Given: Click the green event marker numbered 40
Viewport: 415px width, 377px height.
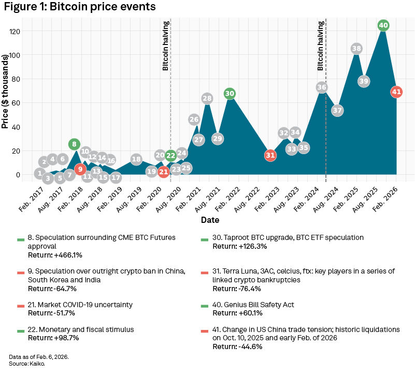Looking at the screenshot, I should pos(383,25).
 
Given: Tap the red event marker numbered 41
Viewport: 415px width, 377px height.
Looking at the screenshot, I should pos(396,92).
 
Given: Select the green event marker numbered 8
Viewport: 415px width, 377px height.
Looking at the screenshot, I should pos(74,144).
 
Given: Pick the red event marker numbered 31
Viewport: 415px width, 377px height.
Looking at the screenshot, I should pos(270,155).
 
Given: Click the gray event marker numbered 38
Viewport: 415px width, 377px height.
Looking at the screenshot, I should pos(356,49).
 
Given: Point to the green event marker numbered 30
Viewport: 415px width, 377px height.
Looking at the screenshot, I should pos(230,94).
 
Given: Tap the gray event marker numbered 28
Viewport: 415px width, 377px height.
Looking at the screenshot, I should pos(207,98).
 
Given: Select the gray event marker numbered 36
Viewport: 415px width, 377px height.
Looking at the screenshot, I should pos(322,87).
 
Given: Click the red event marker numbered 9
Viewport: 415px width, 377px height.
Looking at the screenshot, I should pos(80,169).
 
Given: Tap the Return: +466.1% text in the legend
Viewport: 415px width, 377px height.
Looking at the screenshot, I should pos(55,255).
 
